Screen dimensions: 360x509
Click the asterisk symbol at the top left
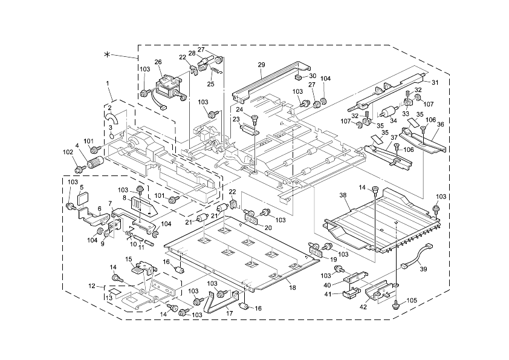pyautogui.click(x=108, y=55)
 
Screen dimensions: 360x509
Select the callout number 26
pyautogui.click(x=158, y=62)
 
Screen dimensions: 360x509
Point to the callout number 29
pyautogui.click(x=261, y=64)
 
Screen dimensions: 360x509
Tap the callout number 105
pyautogui.click(x=412, y=300)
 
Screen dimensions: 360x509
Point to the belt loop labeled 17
pyautogui.click(x=218, y=303)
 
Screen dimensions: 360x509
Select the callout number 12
pyautogui.click(x=92, y=285)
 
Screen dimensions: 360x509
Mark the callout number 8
pyautogui.click(x=125, y=197)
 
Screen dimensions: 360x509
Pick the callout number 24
pyautogui.click(x=239, y=110)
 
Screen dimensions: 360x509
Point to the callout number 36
pyautogui.click(x=440, y=124)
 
